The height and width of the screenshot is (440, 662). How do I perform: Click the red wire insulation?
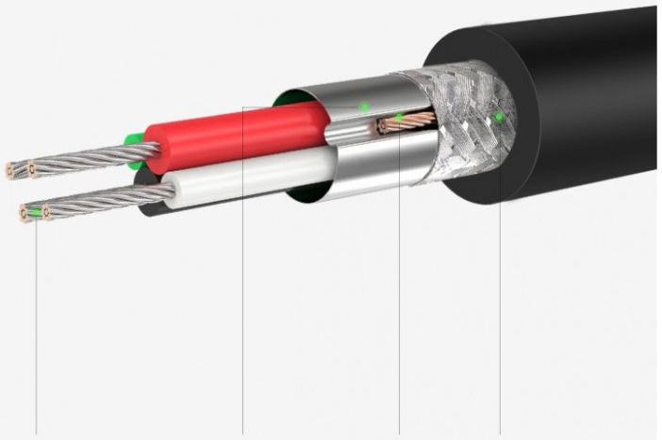[x=236, y=137]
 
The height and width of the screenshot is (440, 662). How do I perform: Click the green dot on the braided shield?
[x=499, y=117]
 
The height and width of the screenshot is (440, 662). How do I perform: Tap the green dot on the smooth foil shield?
[x=365, y=107]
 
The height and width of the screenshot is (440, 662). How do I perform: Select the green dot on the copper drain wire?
[x=399, y=118]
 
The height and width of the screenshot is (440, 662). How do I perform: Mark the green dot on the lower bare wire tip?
[x=36, y=214]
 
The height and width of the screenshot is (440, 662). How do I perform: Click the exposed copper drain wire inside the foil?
[x=410, y=122]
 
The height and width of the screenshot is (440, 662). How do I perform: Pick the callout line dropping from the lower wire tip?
[x=36, y=330]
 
